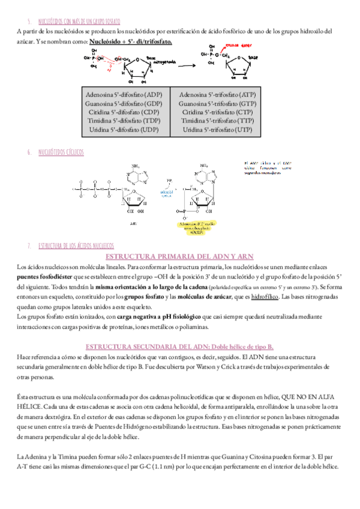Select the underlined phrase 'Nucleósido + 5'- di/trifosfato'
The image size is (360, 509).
[x=130, y=41]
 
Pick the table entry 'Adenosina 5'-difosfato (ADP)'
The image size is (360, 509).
[x=124, y=95]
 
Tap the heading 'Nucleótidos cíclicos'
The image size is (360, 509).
[x=61, y=152]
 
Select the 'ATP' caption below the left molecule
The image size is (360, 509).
[x=133, y=221]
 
